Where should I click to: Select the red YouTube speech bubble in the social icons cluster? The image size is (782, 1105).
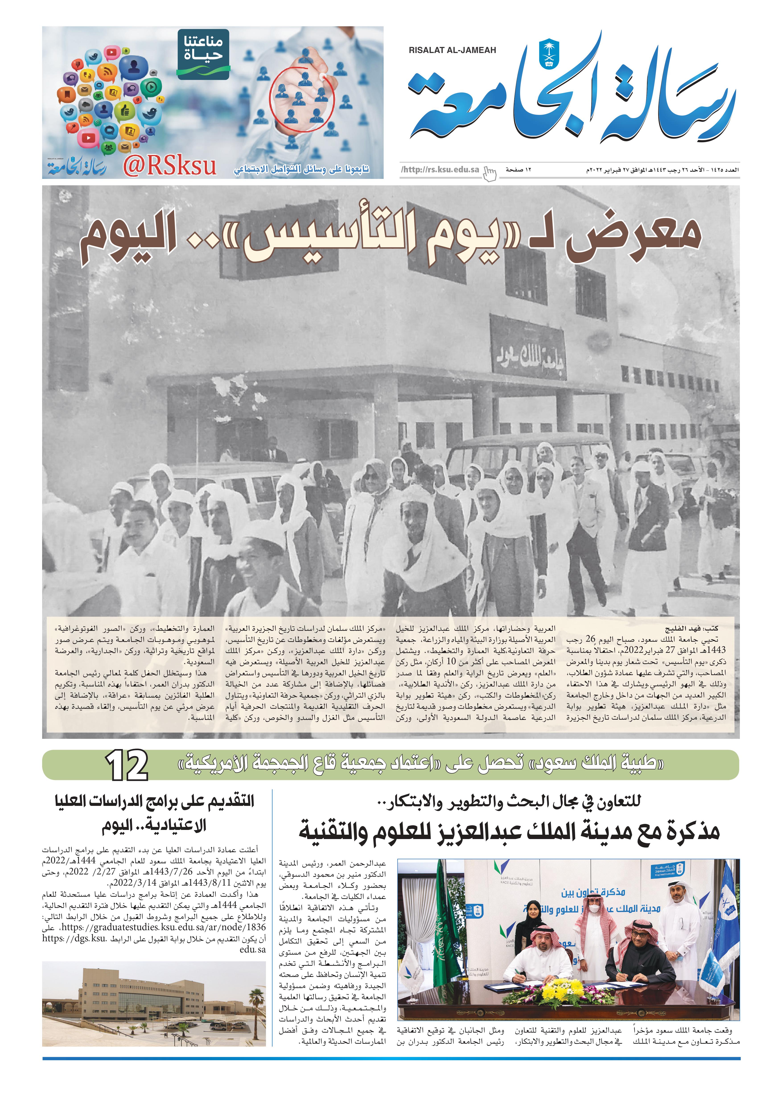(x=88, y=137)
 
